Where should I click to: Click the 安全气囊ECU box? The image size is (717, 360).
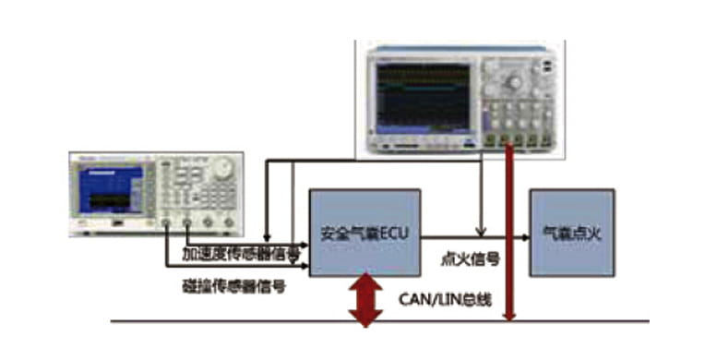tap(364, 233)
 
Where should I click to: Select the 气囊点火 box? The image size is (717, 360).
tap(571, 233)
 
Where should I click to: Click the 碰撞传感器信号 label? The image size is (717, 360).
tap(233, 287)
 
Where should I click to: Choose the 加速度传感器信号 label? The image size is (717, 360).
tap(239, 253)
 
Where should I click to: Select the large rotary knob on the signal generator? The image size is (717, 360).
tap(221, 170)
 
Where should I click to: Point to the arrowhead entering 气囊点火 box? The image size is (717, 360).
tap(523, 234)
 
